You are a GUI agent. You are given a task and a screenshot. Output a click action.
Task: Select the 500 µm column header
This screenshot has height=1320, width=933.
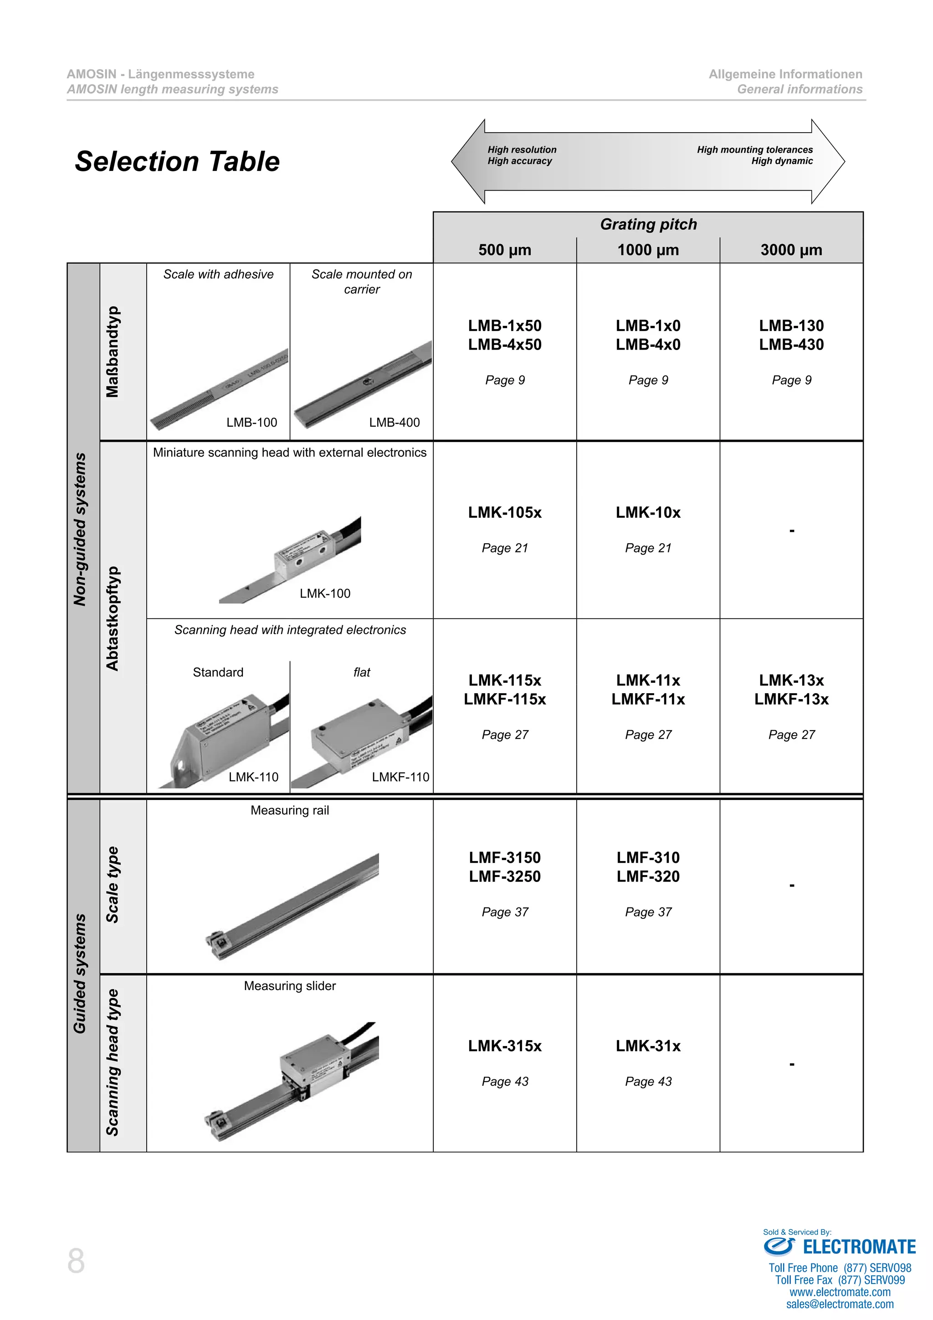click(x=504, y=250)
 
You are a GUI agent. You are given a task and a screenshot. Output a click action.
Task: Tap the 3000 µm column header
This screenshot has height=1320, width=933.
click(x=791, y=250)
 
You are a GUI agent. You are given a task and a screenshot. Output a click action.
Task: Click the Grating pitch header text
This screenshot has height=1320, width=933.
click(x=648, y=224)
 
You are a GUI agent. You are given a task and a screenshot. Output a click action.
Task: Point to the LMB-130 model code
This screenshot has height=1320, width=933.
click(x=791, y=325)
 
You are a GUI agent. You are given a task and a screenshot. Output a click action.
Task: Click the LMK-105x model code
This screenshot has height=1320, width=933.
click(x=504, y=512)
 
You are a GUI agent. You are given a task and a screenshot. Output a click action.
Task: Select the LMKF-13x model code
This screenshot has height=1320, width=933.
click(x=791, y=699)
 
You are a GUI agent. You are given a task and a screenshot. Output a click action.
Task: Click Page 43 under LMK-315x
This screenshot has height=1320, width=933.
click(x=504, y=1082)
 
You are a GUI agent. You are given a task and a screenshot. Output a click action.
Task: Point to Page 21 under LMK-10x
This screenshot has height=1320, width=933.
click(x=648, y=548)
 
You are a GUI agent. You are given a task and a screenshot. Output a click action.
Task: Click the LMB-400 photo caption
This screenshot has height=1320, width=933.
click(x=394, y=423)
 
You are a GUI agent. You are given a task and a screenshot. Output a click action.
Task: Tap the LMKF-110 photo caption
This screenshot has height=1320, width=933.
click(x=400, y=777)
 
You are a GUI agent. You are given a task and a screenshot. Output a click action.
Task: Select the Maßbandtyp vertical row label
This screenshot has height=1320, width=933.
click(x=113, y=352)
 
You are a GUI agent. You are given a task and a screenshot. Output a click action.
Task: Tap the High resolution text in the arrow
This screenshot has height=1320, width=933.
click(x=522, y=150)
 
